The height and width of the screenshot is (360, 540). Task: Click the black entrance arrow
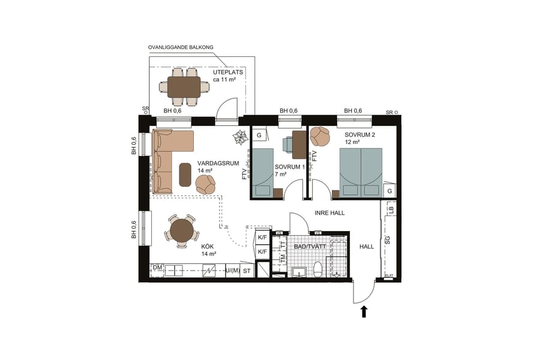point(363,311)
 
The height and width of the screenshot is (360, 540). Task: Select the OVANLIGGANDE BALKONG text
point(181,47)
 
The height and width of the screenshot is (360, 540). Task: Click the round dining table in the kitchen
point(182,230)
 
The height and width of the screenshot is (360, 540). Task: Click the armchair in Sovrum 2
point(320,136)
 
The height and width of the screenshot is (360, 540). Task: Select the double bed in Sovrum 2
point(361,172)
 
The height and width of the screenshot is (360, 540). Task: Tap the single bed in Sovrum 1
point(263,173)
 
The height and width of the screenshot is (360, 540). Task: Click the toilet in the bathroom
point(318,270)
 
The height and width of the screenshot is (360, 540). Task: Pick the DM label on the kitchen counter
point(157,267)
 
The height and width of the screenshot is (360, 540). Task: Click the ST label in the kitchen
point(246,271)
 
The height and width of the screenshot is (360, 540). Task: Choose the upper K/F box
point(262,238)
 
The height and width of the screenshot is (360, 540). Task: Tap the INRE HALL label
point(330,213)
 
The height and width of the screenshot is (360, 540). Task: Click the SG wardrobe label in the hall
point(387,240)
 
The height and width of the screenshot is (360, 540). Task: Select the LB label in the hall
point(391,209)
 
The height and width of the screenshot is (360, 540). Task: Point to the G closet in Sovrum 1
point(259,135)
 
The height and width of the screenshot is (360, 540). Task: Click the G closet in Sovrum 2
point(389,191)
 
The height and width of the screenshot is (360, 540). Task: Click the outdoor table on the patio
point(184,87)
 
